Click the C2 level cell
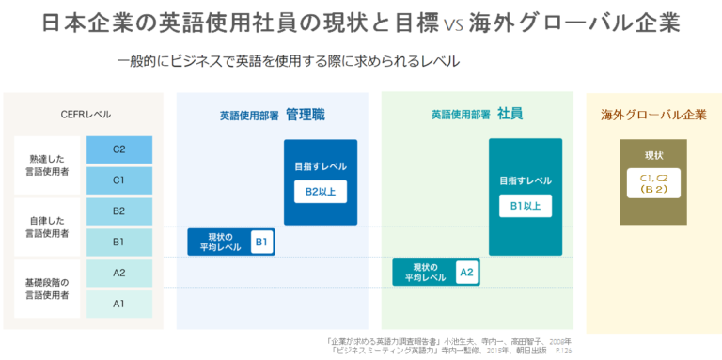(118, 149)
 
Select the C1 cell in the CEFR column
(118, 180)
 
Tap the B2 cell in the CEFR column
(118, 211)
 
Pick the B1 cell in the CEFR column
(118, 242)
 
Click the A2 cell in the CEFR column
(118, 273)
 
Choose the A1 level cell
(118, 304)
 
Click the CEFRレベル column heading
(86, 115)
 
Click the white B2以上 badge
(321, 192)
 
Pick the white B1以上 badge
(525, 205)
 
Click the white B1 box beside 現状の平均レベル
(262, 243)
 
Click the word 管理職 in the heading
(306, 114)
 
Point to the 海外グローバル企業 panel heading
(653, 115)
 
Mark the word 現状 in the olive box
(653, 155)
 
